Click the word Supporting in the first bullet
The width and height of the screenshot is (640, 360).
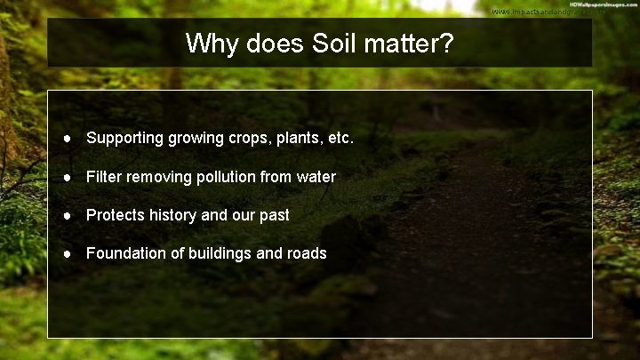pyautogui.click(x=124, y=139)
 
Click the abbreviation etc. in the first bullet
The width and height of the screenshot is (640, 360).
pyautogui.click(x=339, y=139)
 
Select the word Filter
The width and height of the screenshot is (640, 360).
pyautogui.click(x=105, y=177)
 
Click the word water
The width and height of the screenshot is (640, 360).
pyautogui.click(x=316, y=177)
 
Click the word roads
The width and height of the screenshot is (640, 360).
pyautogui.click(x=306, y=253)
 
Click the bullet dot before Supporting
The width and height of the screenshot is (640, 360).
pyautogui.click(x=68, y=139)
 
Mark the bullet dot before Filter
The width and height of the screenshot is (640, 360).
pyautogui.click(x=68, y=177)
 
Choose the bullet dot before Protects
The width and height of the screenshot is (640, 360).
pyautogui.click(x=68, y=215)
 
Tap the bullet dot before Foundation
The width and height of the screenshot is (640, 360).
pyautogui.click(x=68, y=253)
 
